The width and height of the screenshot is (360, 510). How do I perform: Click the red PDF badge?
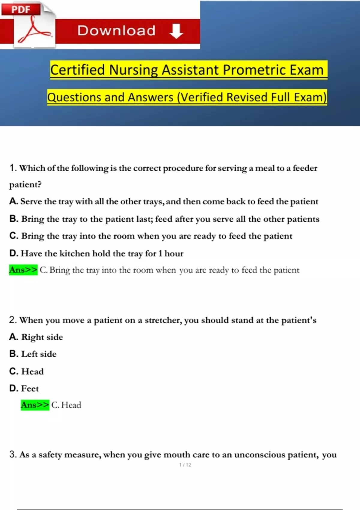coord(21,10)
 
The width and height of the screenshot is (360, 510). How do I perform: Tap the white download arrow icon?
coord(176,31)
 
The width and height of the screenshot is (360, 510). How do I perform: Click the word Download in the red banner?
coord(116,31)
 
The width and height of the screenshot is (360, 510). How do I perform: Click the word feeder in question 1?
coord(305,168)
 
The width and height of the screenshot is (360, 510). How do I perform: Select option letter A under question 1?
coord(13,201)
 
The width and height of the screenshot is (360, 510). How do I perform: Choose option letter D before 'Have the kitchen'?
coord(14,253)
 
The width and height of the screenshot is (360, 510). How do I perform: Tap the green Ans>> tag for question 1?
coord(23,270)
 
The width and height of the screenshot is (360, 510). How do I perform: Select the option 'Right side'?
coord(42,337)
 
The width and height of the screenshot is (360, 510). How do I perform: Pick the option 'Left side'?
coord(39,354)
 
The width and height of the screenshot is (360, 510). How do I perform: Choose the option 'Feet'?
coord(30,388)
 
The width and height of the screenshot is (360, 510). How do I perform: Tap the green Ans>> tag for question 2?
coord(35,405)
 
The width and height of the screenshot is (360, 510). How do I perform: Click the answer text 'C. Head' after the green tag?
coord(66,405)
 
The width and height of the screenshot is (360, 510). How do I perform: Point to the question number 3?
coord(13,454)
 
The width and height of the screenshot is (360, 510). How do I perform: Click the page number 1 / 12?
coord(185,465)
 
